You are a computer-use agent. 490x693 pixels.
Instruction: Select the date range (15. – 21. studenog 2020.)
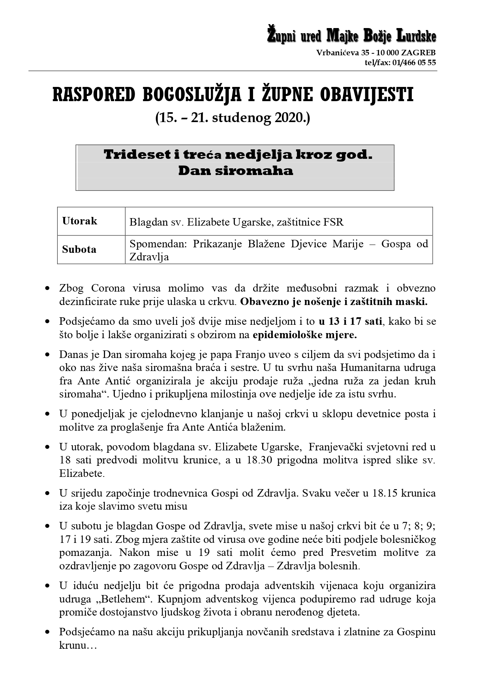click(233, 118)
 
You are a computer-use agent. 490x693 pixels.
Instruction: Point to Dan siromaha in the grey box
click(235, 171)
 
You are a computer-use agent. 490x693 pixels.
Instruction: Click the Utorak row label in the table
click(79, 221)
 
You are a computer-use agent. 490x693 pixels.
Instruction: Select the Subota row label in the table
click(79, 249)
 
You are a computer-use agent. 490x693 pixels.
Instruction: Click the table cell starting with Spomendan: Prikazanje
click(278, 250)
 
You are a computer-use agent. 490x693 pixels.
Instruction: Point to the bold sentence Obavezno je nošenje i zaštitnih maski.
click(334, 302)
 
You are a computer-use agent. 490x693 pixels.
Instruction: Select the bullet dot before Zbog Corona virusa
click(48, 288)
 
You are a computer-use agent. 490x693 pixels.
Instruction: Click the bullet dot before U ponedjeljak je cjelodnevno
click(48, 414)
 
